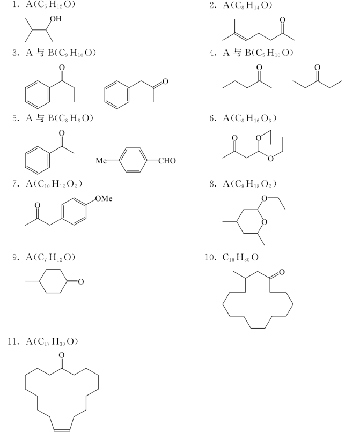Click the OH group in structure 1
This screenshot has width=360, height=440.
tap(55, 19)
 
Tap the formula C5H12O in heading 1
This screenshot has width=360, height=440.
tap(53, 5)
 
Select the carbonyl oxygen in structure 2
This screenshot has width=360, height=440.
tap(283, 20)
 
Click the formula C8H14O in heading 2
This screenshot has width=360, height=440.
tap(251, 5)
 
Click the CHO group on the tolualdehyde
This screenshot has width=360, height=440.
tap(167, 161)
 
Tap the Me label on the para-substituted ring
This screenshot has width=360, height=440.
tap(101, 161)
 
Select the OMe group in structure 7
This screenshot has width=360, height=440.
tap(104, 199)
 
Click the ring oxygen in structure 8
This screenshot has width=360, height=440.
tap(264, 222)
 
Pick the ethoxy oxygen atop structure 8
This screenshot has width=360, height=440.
tap(264, 199)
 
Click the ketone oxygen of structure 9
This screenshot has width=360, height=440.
tap(81, 282)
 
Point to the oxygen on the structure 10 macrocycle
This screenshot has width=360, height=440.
tap(282, 272)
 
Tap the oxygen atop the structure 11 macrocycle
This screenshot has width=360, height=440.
tap(62, 355)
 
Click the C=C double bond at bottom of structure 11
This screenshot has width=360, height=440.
tap(62, 430)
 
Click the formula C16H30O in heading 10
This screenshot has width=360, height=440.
tap(240, 257)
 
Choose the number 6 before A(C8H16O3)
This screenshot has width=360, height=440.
tap(212, 118)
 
